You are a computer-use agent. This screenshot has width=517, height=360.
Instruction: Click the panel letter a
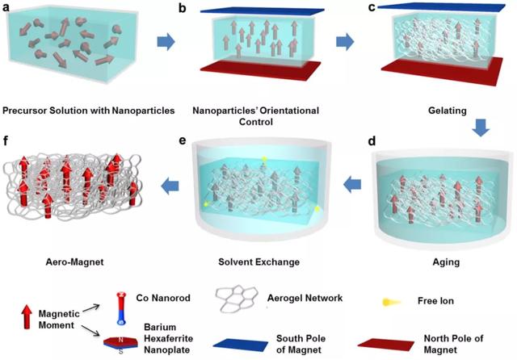tap(6, 7)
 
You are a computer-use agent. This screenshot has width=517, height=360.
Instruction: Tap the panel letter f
tap(5, 141)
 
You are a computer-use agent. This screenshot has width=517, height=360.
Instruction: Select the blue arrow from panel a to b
tap(166, 42)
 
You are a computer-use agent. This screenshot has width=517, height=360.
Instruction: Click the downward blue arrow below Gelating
tap(481, 128)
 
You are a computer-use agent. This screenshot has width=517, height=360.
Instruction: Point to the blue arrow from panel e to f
tap(170, 186)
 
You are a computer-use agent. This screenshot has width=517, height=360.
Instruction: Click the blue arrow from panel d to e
tap(352, 184)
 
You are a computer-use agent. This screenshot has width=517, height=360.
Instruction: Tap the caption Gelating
tap(447, 111)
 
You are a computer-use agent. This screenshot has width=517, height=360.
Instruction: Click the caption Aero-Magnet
tap(74, 262)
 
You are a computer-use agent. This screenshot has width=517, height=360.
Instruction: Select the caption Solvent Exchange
tap(258, 262)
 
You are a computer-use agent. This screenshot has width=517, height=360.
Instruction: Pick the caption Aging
tap(446, 262)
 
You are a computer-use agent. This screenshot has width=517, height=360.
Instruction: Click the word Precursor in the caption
tap(24, 111)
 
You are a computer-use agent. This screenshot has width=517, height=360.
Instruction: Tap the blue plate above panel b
tap(262, 10)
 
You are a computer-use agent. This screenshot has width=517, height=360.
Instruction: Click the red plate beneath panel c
tap(442, 72)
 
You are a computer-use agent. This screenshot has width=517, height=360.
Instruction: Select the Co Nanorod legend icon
tap(121, 308)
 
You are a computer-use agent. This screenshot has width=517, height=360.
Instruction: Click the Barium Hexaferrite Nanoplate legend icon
tap(120, 342)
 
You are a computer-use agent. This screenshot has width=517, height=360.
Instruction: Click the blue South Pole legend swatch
tap(241, 345)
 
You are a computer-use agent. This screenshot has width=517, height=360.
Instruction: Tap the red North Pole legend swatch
tap(386, 345)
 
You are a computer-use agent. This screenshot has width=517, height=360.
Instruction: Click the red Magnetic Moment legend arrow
tap(27, 316)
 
